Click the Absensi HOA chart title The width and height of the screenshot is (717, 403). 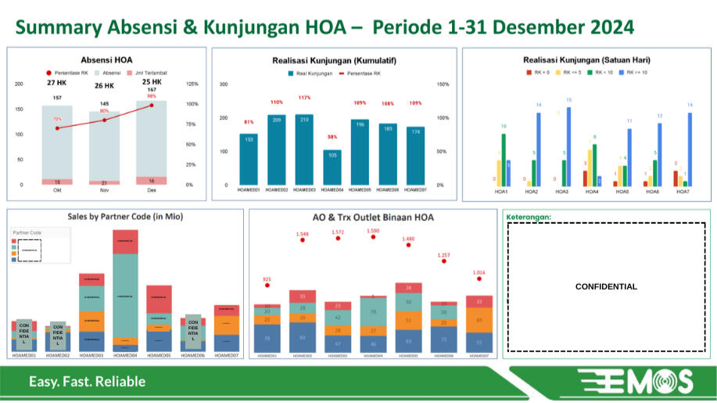pyautogui.click(x=106, y=59)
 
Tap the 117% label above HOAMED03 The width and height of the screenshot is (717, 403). pyautogui.click(x=304, y=98)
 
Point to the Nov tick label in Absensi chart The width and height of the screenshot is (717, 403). pyautogui.click(x=104, y=190)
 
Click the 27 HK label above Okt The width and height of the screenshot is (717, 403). pyautogui.click(x=56, y=82)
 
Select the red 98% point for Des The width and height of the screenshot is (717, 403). pyautogui.click(x=152, y=105)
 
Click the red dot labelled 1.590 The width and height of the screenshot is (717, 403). pyautogui.click(x=373, y=237)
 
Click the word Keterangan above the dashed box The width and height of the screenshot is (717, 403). pyautogui.click(x=529, y=217)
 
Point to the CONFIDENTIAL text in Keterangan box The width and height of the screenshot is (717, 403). pyautogui.click(x=606, y=286)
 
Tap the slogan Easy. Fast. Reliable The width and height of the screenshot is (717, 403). pyautogui.click(x=88, y=382)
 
